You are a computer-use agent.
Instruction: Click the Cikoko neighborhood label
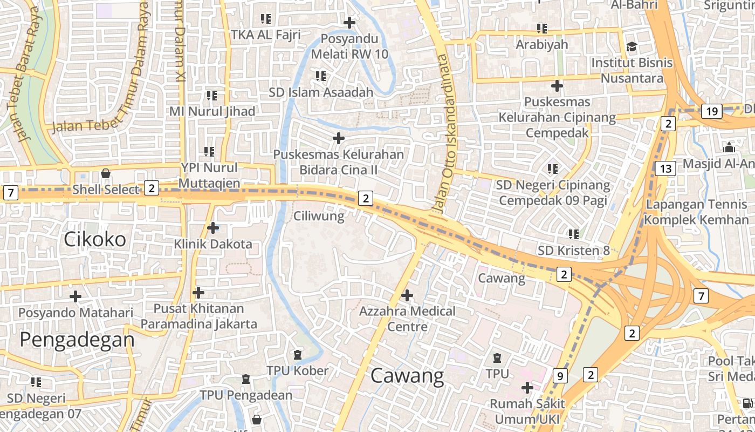(x=95, y=239)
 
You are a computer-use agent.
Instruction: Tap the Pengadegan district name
(x=77, y=340)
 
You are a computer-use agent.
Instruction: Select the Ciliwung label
(x=319, y=217)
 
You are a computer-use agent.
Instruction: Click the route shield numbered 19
(x=712, y=112)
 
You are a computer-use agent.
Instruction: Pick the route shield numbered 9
(x=560, y=376)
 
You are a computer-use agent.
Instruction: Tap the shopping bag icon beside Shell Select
(x=106, y=174)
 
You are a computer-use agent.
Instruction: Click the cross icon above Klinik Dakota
(x=213, y=228)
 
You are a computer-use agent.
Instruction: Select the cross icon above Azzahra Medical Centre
(x=407, y=295)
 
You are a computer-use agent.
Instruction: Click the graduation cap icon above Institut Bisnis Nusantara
(x=632, y=47)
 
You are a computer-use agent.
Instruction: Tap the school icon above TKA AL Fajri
(x=265, y=19)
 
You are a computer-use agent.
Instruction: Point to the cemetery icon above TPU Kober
(x=297, y=355)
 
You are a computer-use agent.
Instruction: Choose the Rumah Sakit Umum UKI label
(x=527, y=411)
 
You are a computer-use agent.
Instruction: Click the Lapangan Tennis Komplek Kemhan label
(x=697, y=212)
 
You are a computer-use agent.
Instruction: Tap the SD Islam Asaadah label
(x=321, y=92)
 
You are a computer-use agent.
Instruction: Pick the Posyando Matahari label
(x=75, y=313)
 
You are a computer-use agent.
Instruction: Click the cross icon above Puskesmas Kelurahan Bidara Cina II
(x=339, y=139)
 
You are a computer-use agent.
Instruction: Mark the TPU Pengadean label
(x=246, y=395)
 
